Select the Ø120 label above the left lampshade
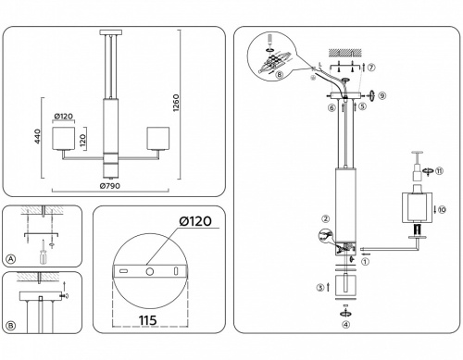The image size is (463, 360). coord(63,117)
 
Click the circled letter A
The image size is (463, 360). coord(11,258)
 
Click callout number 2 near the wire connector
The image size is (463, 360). coord(326,218)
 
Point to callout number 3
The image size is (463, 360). coord(320,289)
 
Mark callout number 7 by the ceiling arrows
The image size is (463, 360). coord(371,68)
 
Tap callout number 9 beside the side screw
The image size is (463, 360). coord(381,95)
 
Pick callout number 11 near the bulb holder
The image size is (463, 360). coord(441,171)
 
